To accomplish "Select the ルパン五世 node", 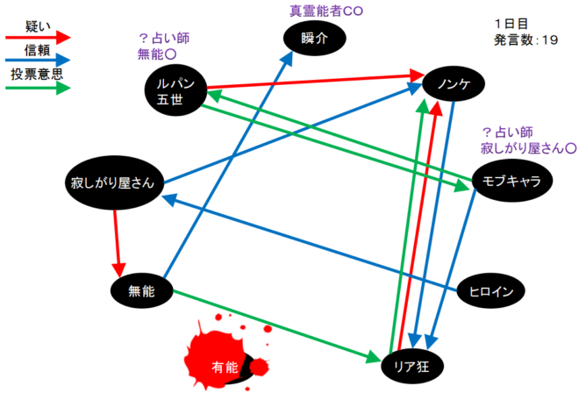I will pyautogui.click(x=175, y=89).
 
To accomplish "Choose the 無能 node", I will pyautogui.click(x=139, y=291).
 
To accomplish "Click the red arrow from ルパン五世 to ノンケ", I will pyautogui.click(x=316, y=82).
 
